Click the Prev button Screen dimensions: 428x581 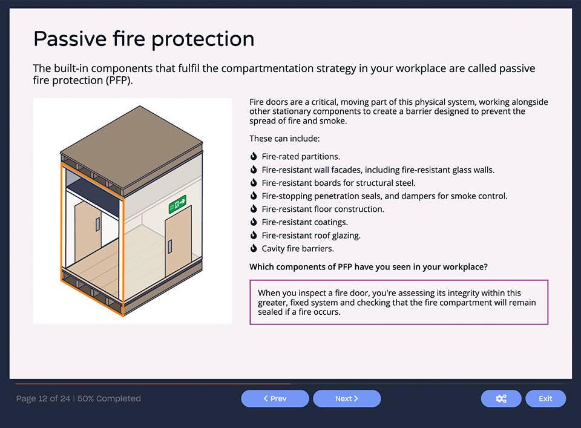[x=275, y=398]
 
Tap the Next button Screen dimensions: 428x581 [x=347, y=398]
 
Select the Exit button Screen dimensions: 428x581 [x=545, y=398]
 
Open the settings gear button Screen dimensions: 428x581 [x=501, y=398]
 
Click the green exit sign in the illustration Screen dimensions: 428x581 [x=177, y=204]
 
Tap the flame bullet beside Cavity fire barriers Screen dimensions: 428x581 [x=254, y=248]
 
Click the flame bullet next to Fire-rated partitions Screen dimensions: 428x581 [x=254, y=156]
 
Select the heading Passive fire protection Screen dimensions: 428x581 [x=143, y=39]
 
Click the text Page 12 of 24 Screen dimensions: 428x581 [x=43, y=398]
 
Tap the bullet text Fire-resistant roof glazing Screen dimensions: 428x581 [x=311, y=235]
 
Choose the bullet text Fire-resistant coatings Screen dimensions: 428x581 [x=304, y=222]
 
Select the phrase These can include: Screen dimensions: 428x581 [x=280, y=139]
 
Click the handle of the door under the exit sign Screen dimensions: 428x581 [x=170, y=246]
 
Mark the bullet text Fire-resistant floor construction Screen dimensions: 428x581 [x=323, y=209]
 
